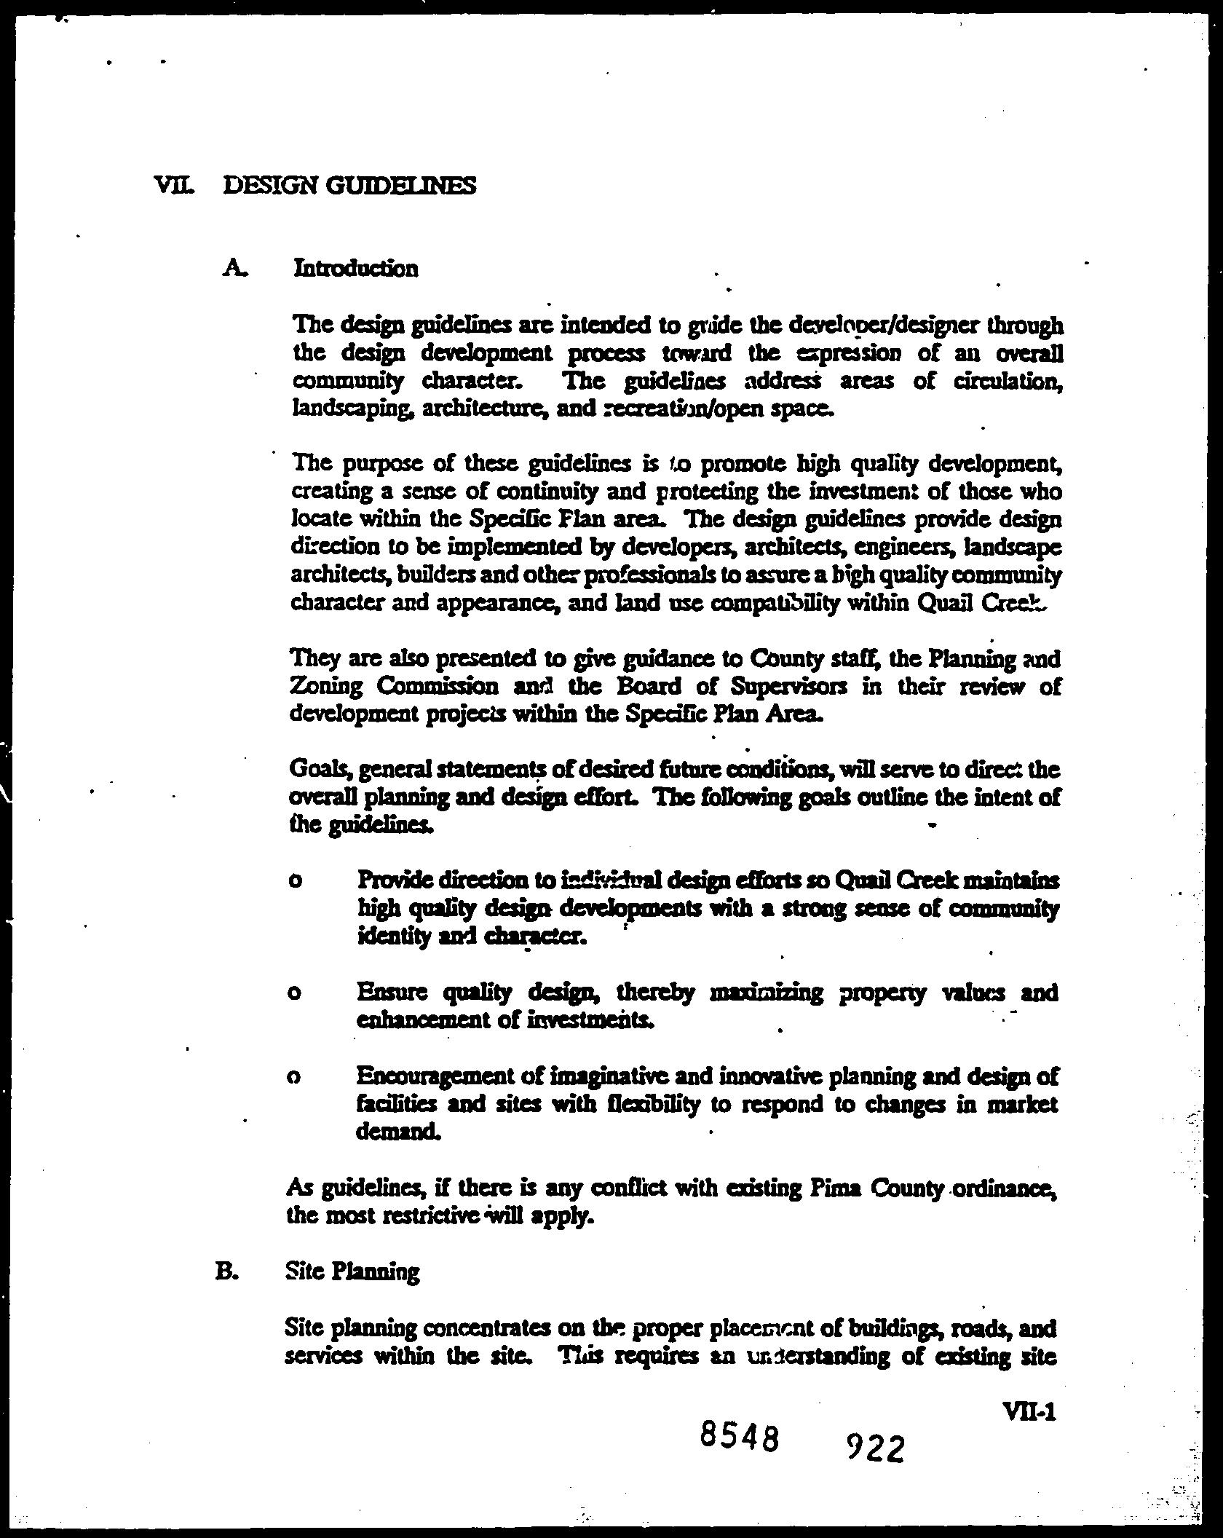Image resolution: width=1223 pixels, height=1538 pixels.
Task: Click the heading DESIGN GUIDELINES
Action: [x=349, y=186]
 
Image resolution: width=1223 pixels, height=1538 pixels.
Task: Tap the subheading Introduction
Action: [x=356, y=268]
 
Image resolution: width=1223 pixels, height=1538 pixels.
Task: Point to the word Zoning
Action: [x=325, y=686]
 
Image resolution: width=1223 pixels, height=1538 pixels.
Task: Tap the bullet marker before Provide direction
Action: [x=295, y=881]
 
